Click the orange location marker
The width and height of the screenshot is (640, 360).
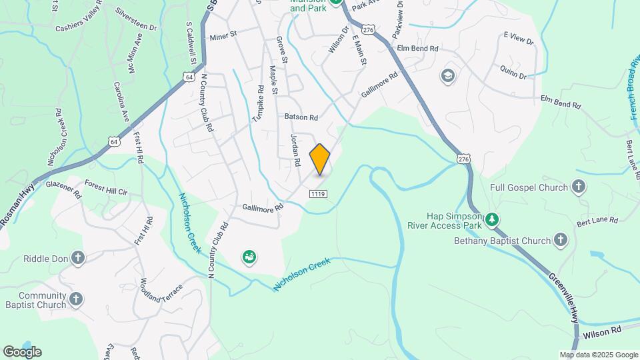pyautogui.click(x=320, y=159)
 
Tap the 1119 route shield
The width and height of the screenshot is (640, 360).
pyautogui.click(x=317, y=193)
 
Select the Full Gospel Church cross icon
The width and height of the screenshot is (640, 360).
pyautogui.click(x=579, y=188)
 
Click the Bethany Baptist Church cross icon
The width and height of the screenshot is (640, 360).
pyautogui.click(x=561, y=240)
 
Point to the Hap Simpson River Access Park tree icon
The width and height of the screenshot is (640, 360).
pyautogui.click(x=491, y=219)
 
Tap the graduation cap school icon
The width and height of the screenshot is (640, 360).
pyautogui.click(x=447, y=76)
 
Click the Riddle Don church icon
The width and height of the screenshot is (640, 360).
pyautogui.click(x=78, y=257)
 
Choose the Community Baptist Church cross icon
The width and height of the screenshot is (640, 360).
pyautogui.click(x=76, y=300)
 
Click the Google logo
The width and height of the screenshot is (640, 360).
pyautogui.click(x=22, y=352)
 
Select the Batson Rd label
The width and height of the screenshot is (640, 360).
pyautogui.click(x=301, y=117)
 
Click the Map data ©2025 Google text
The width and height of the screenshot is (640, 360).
pyautogui.click(x=599, y=355)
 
